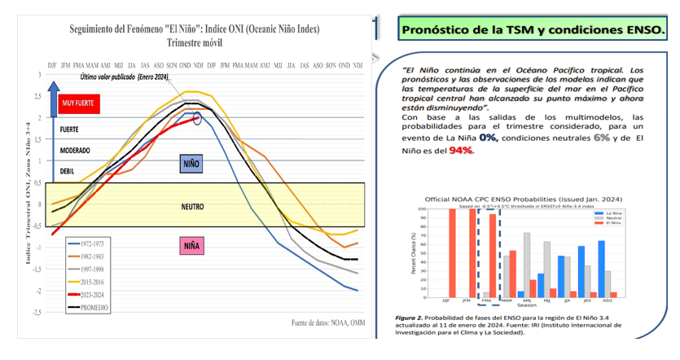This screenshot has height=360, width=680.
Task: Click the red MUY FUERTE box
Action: pos(78,103)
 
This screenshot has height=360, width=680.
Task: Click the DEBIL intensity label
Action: pos(67,172)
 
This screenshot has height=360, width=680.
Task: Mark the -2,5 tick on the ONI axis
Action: pos(37,312)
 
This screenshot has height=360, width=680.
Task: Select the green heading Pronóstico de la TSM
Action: pos(532,30)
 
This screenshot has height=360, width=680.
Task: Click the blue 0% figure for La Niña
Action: pos(488,138)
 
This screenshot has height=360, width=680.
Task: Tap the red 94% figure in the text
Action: pos(461,151)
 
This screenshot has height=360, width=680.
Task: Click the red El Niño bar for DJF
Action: pos(452,252)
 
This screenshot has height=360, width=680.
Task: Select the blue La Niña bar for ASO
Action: pos(601,269)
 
